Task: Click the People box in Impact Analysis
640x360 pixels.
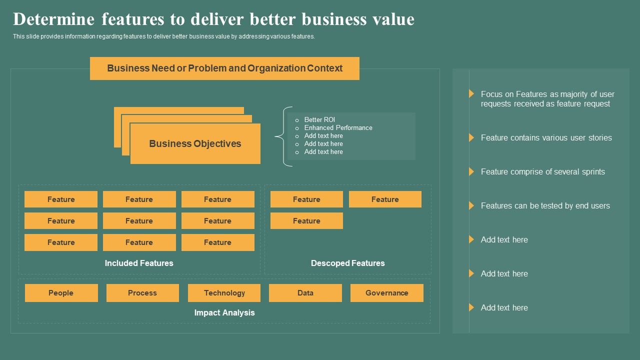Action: (x=61, y=293)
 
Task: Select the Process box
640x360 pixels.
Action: (x=142, y=293)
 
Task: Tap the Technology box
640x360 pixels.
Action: (x=224, y=293)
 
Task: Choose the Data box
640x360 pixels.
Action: (x=305, y=293)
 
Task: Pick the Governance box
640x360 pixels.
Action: (x=386, y=293)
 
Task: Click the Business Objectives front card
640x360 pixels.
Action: (x=195, y=144)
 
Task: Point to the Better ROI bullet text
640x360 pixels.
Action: (x=319, y=120)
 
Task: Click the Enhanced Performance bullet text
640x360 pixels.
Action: (x=338, y=128)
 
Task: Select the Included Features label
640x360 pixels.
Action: (x=139, y=263)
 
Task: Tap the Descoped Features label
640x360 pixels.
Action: (x=347, y=263)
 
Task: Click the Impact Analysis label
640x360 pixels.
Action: (x=224, y=312)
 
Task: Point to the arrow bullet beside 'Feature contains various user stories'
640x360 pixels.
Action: (x=471, y=137)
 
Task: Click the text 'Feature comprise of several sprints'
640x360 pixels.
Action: (x=542, y=171)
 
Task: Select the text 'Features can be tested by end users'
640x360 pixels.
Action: (x=545, y=205)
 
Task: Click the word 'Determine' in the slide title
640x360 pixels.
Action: (x=53, y=19)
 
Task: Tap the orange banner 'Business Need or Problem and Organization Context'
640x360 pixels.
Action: (x=224, y=68)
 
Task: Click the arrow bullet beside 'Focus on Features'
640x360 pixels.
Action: (x=471, y=93)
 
